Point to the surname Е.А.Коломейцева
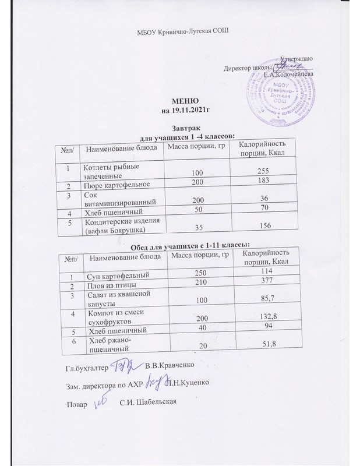point(289,74)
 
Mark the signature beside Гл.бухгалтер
point(123,365)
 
